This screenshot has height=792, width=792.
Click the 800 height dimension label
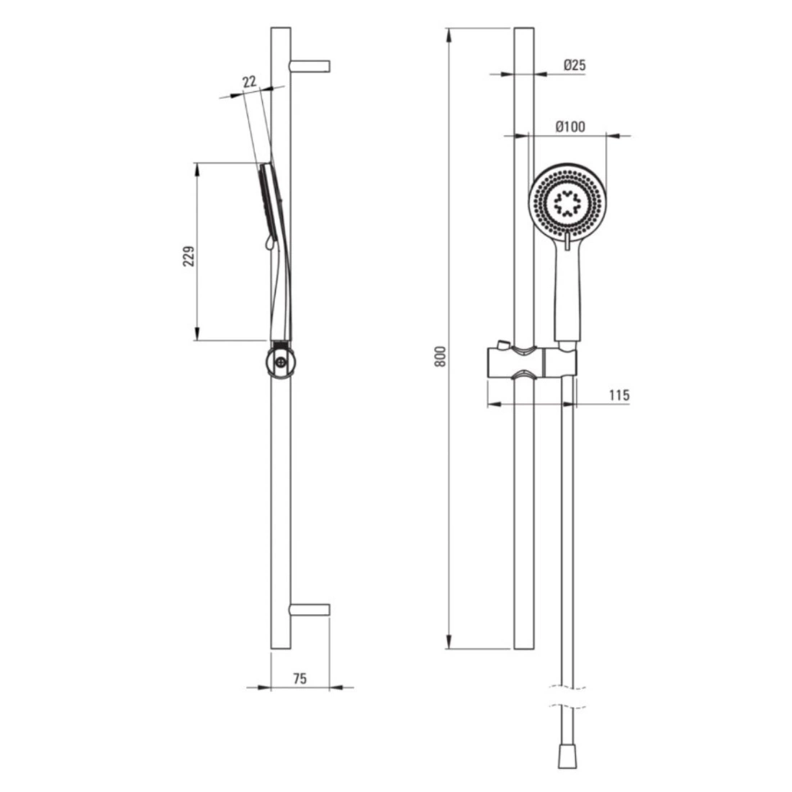pos(441,356)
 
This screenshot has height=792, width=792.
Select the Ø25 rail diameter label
pos(575,65)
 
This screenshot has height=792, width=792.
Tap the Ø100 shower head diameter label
pos(570,126)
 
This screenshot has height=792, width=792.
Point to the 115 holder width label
pos(619,395)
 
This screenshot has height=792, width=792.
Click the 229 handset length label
pos(189,256)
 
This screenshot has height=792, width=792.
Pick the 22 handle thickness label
pos(250,81)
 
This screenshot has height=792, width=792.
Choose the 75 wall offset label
pos(300,678)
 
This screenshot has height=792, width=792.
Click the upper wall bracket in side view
pos(310,66)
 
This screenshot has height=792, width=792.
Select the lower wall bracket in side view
pos(310,610)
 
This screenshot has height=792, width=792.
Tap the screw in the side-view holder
pos(280,361)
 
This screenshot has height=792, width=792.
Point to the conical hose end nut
pos(567,755)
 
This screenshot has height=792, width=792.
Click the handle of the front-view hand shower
pos(568,293)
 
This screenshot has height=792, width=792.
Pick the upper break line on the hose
pos(567,687)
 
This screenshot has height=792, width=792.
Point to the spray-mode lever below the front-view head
pos(567,241)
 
